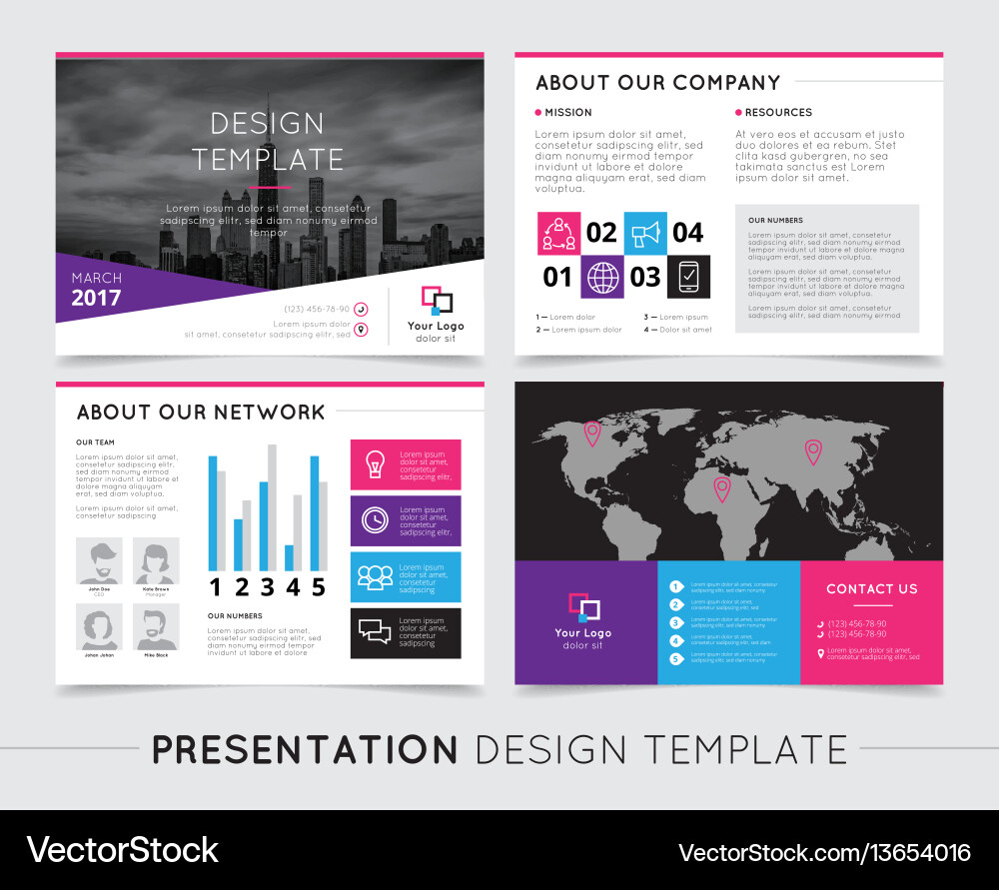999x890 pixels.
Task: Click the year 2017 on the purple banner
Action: (x=96, y=298)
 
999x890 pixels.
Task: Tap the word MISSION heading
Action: (x=567, y=113)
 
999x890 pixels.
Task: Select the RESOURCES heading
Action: (x=778, y=113)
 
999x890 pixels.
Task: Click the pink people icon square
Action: (x=558, y=233)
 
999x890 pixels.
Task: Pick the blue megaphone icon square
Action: (x=645, y=233)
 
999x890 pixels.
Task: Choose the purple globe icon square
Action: (x=602, y=277)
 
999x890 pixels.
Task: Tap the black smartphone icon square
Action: (x=688, y=277)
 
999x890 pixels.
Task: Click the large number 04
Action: (x=687, y=233)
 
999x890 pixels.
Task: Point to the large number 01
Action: (x=557, y=277)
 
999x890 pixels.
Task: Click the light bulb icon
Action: (x=375, y=463)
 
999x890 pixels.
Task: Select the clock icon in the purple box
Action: (x=375, y=520)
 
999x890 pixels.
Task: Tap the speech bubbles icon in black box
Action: (x=375, y=632)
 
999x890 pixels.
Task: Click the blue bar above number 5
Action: (x=315, y=512)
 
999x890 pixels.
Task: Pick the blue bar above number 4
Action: (x=289, y=556)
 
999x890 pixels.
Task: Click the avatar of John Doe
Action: (x=99, y=560)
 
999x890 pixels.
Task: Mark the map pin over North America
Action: (x=591, y=433)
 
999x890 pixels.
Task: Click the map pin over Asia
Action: (x=813, y=451)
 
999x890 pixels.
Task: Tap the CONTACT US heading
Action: (x=871, y=589)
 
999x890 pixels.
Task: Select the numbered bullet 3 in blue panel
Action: (x=676, y=622)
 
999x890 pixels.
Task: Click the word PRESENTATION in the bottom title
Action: (x=305, y=749)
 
